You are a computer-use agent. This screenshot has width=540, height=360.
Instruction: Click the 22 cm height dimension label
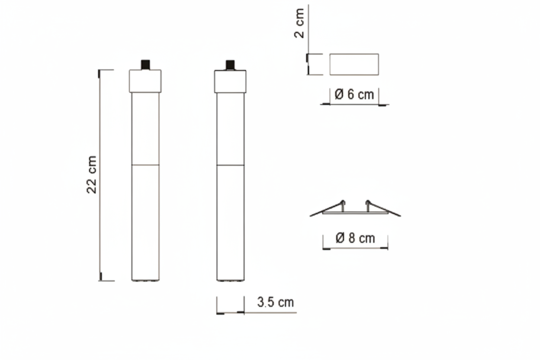(92, 175)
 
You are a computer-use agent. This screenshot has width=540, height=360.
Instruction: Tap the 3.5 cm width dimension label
(276, 302)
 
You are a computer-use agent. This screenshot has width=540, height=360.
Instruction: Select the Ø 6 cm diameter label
(354, 94)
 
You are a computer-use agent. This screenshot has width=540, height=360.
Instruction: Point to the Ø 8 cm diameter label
(355, 238)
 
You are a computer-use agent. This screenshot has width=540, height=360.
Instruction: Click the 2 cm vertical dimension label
(299, 23)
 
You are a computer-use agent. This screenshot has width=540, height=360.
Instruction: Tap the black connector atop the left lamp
(145, 65)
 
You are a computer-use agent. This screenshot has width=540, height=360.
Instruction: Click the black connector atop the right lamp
(230, 65)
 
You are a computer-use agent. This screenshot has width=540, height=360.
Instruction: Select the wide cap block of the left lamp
(145, 81)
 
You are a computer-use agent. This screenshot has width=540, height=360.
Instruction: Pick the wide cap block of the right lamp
(230, 81)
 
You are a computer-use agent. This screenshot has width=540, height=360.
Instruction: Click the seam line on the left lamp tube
(145, 165)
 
